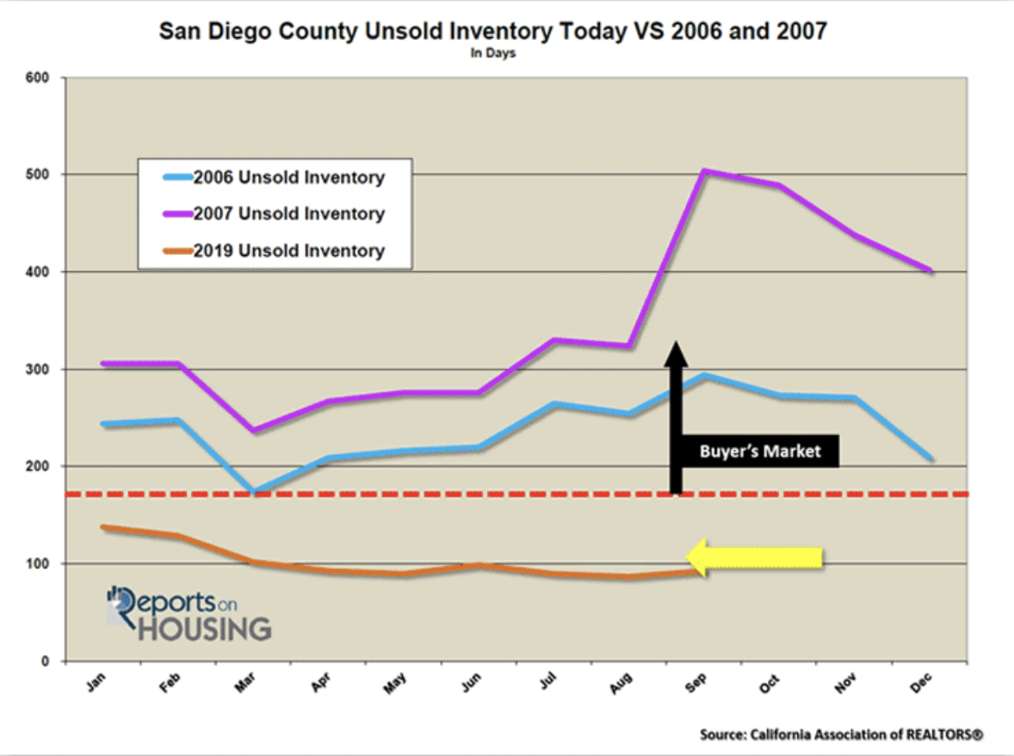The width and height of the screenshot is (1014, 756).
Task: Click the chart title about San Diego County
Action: pyautogui.click(x=493, y=32)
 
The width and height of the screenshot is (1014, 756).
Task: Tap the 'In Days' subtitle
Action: pyautogui.click(x=493, y=53)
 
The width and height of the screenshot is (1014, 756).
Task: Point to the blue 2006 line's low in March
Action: pyautogui.click(x=255, y=493)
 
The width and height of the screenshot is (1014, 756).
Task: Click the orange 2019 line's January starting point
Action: pyautogui.click(x=104, y=527)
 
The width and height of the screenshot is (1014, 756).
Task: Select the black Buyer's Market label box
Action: pyautogui.click(x=761, y=450)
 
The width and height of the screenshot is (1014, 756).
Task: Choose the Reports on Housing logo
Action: pyautogui.click(x=189, y=613)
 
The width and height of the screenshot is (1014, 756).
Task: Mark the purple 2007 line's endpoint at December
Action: pyautogui.click(x=931, y=270)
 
